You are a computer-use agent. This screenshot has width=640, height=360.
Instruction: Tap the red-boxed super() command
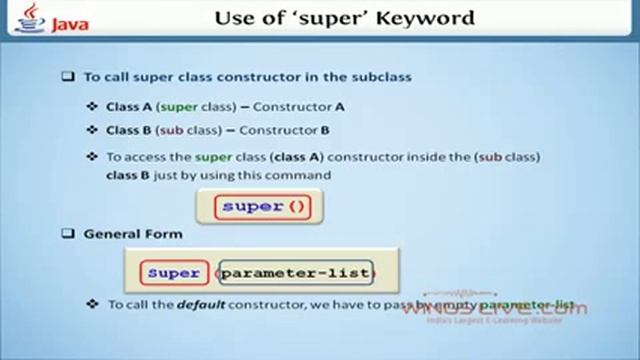pos(261,206)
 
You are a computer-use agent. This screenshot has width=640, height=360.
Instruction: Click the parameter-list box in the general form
pos(295,272)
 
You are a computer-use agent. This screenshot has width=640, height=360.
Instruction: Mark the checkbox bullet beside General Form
pos(68,234)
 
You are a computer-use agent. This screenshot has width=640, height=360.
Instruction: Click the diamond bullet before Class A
pos(93,107)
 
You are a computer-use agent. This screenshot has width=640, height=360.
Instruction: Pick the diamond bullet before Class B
pos(93,130)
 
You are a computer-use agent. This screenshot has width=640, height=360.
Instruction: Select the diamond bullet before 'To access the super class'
pos(93,156)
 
